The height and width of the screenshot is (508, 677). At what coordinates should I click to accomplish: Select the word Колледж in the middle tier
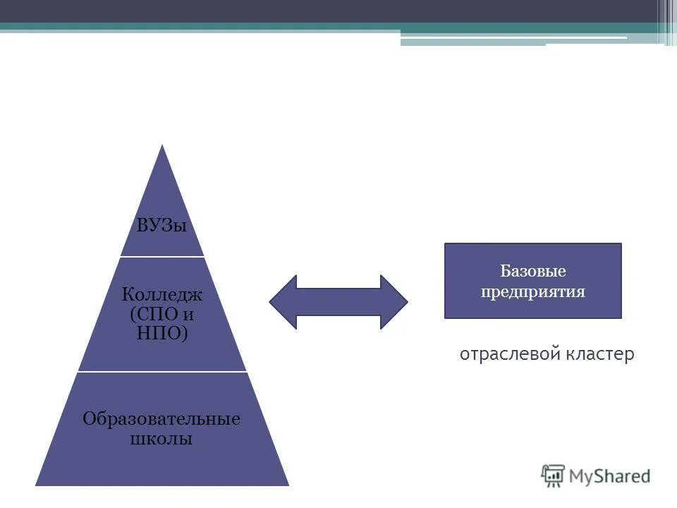(x=162, y=293)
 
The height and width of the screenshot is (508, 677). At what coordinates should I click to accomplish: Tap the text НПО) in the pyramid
(x=162, y=332)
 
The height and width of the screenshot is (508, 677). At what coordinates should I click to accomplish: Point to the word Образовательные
(x=161, y=419)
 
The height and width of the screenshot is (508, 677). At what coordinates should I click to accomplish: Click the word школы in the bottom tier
(x=161, y=439)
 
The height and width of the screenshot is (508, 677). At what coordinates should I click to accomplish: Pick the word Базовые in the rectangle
(x=533, y=271)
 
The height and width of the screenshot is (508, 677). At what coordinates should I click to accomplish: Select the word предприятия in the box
(x=533, y=291)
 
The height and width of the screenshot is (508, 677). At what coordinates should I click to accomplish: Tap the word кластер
(x=599, y=353)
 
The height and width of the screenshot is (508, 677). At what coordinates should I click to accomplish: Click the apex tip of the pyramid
(x=163, y=147)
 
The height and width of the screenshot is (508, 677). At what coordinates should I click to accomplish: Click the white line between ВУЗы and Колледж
(x=162, y=256)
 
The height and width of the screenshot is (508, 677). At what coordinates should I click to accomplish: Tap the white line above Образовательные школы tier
(x=162, y=371)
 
